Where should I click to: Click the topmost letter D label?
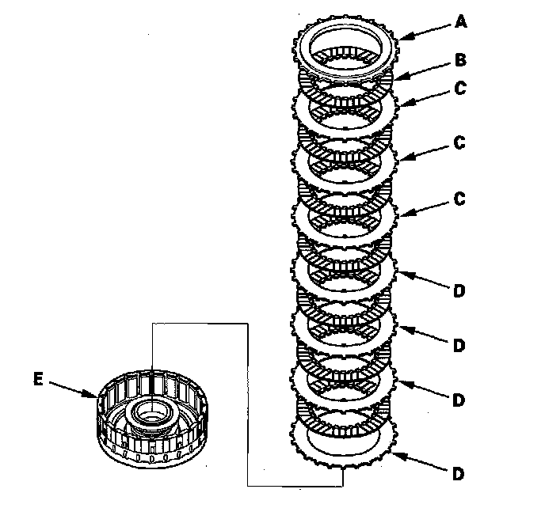tap(459, 291)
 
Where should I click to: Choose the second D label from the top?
tap(459, 346)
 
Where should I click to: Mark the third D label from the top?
tap(459, 400)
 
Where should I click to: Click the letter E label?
tap(37, 379)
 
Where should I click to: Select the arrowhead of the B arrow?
tap(396, 78)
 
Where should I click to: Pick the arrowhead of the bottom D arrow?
tap(394, 452)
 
